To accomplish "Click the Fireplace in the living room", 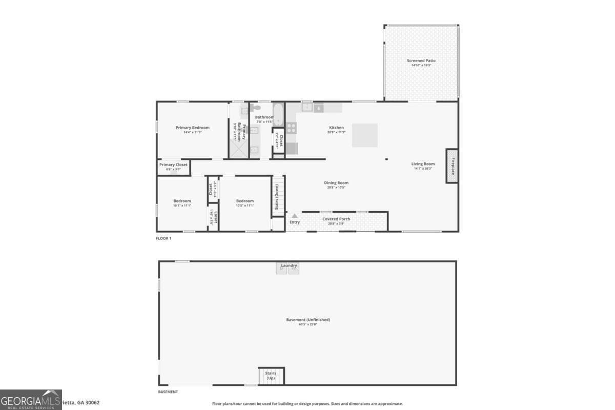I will point(452,166).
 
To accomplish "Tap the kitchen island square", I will point(365,135).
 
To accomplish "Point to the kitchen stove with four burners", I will point(291,128).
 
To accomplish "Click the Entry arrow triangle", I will point(295,216).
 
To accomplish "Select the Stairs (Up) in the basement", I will point(271,376).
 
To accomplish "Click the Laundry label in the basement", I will point(289,265).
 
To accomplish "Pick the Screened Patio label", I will point(421,60).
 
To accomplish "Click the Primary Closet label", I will point(173,165).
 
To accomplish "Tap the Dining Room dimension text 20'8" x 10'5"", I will point(336,188).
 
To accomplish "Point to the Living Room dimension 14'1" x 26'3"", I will point(423,169).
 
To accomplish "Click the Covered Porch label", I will point(336,219).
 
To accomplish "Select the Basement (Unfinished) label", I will point(308,320).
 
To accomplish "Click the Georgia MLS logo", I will point(31,400).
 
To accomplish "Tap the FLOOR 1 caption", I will point(163,238).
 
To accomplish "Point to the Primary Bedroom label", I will point(193,128).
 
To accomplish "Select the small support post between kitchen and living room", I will point(387,159).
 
